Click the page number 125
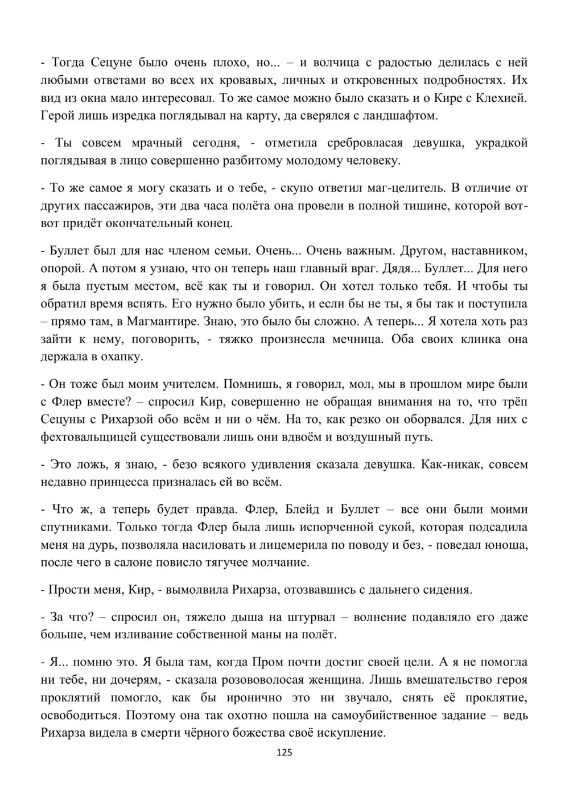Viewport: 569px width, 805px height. coord(284,753)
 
